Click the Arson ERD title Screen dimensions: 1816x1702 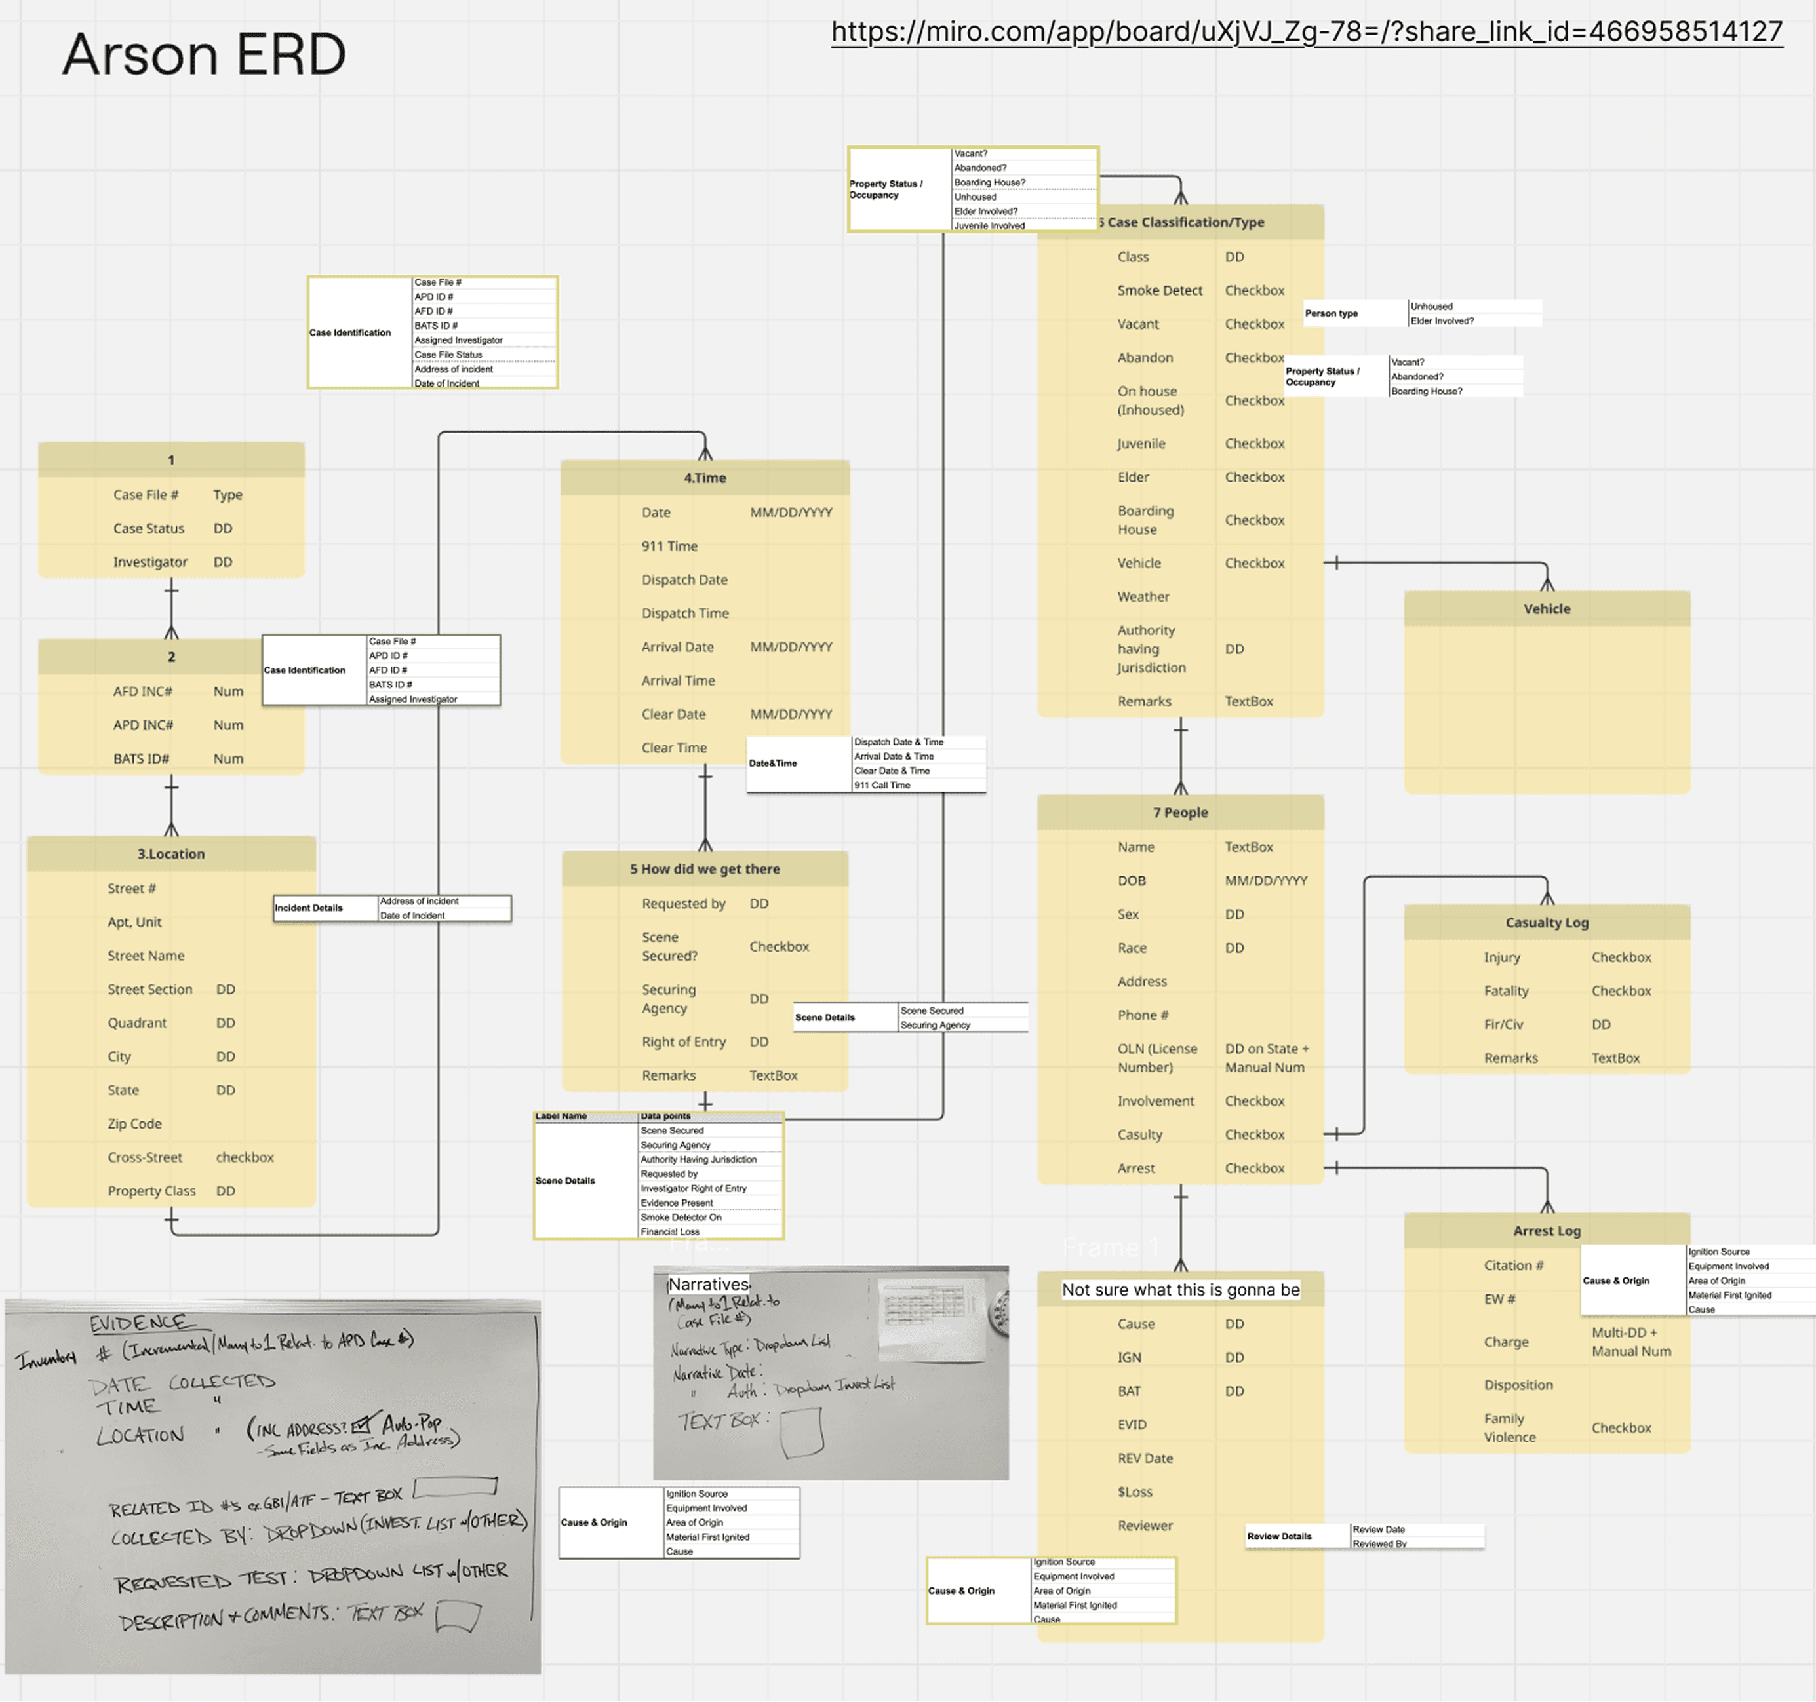pyautogui.click(x=204, y=55)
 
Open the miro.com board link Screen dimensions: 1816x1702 pyautogui.click(x=1307, y=32)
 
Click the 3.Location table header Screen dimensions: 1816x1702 pyautogui.click(x=171, y=854)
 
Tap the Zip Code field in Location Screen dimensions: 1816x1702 pyautogui.click(x=134, y=1124)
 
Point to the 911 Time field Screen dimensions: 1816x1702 pyautogui.click(x=669, y=546)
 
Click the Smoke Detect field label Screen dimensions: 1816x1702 pyautogui.click(x=1159, y=290)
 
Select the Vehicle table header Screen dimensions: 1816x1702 pyautogui.click(x=1547, y=609)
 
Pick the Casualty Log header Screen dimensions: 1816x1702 pyautogui.click(x=1547, y=922)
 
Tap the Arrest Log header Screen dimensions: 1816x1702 pyautogui.click(x=1546, y=1231)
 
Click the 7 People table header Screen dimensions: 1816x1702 pyautogui.click(x=1179, y=813)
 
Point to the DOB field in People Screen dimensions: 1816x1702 pyautogui.click(x=1131, y=881)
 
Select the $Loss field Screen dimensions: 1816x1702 pyautogui.click(x=1135, y=1492)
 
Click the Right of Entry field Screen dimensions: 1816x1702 pyautogui.click(x=683, y=1042)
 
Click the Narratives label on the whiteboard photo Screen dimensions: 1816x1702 pyautogui.click(x=708, y=1285)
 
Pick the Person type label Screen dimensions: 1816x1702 pyautogui.click(x=1330, y=313)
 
